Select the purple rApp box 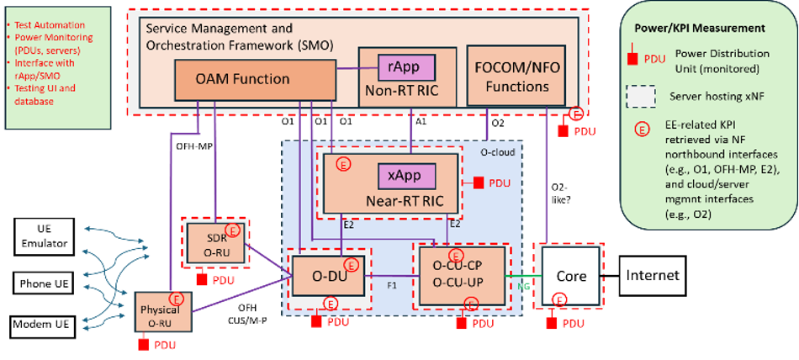[x=409, y=66]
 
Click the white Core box [x=570, y=277]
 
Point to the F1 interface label [x=392, y=286]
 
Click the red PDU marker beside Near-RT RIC [x=478, y=183]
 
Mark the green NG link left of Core [x=522, y=275]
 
